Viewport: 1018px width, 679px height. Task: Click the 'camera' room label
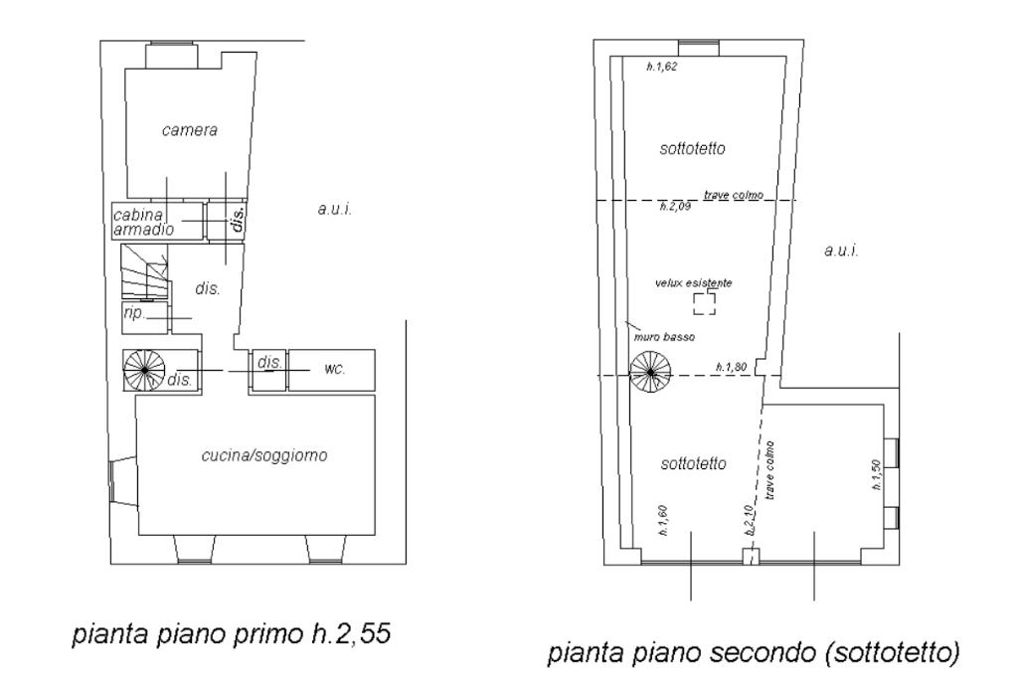189,130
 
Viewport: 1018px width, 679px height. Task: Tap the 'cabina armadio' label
144,222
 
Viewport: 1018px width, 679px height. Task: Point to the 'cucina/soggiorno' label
264,456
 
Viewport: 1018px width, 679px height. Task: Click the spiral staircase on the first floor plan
143,370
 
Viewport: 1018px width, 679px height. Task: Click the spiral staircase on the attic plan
650,374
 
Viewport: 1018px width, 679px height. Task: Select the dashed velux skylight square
704,303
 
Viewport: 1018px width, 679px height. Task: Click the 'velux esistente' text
694,283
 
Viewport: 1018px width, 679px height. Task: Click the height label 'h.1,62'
661,68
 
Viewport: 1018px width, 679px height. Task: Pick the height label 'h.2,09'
675,208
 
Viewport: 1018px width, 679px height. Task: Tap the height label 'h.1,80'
732,368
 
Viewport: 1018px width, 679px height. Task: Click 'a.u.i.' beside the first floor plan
334,210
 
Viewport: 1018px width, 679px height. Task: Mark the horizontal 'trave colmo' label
733,195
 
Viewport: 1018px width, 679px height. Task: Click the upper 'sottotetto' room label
692,149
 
